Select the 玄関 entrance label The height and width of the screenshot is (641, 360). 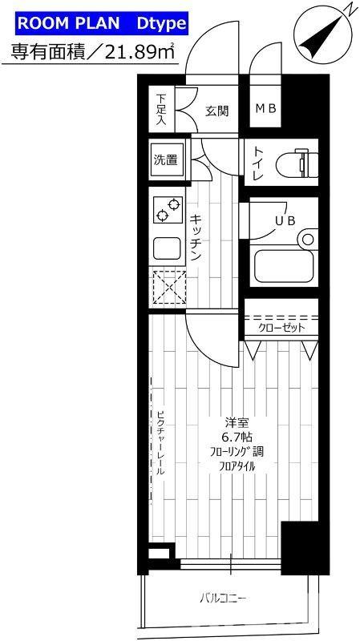point(216,111)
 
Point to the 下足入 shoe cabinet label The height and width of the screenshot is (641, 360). point(160,110)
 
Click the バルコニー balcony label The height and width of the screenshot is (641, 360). point(223,597)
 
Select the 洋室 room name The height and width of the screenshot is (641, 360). point(236,422)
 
